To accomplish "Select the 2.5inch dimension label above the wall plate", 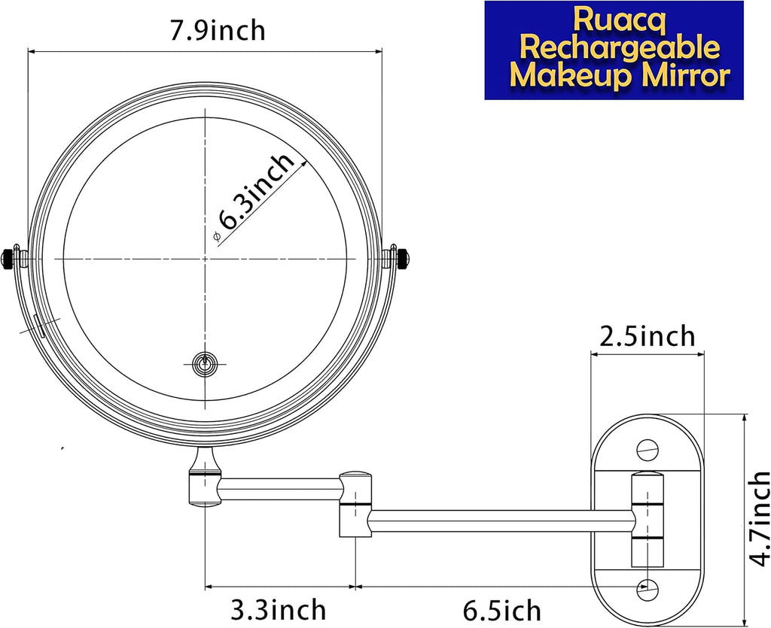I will pyautogui.click(x=647, y=335).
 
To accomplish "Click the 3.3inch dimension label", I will pyautogui.click(x=279, y=608).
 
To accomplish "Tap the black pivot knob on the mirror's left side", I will pyautogui.click(x=10, y=257).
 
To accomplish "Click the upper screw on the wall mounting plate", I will pyautogui.click(x=647, y=449).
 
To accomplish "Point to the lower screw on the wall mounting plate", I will pyautogui.click(x=647, y=589).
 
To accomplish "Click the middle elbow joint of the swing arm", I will pyautogui.click(x=355, y=503).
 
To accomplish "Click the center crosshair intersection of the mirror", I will pyautogui.click(x=205, y=258).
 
